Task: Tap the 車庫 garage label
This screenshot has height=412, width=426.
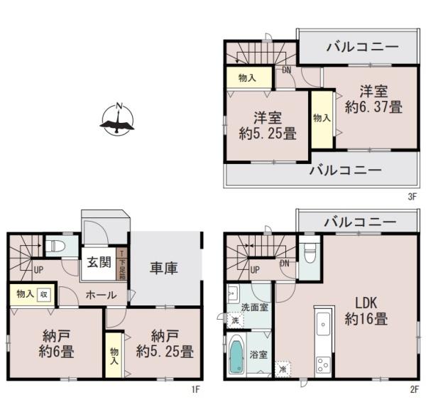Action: pos(163,268)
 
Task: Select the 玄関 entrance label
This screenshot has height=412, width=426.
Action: pos(99,261)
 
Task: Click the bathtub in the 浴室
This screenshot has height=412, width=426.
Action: pos(236,359)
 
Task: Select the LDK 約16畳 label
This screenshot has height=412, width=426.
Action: pos(367,310)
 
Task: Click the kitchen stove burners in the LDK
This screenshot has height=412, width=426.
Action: pos(324,366)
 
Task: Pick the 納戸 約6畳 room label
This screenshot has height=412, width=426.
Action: pos(54,343)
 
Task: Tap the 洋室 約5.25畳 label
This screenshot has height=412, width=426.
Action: pos(267,126)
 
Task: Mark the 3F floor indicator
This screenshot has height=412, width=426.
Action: pos(411,198)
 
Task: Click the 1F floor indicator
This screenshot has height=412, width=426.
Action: pos(197,390)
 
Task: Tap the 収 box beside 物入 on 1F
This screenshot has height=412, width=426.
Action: pos(44,294)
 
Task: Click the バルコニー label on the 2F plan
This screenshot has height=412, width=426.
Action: pos(360,222)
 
